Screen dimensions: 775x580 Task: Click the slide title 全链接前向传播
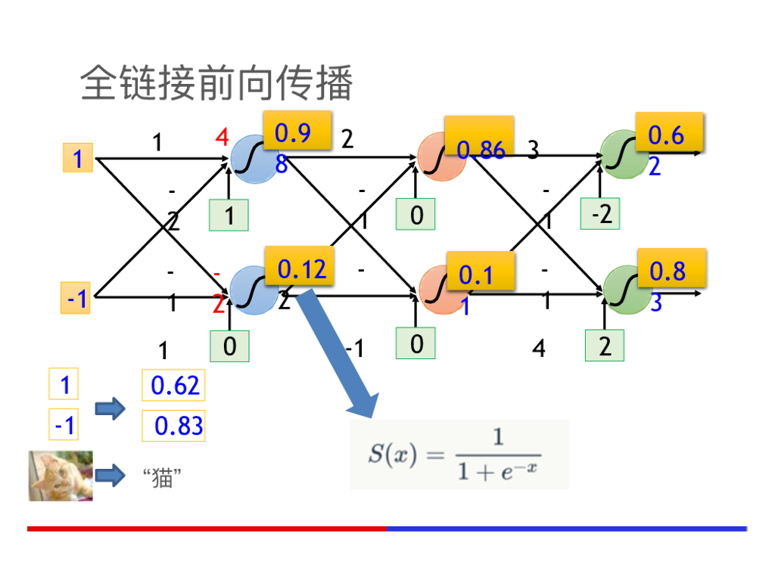(x=216, y=83)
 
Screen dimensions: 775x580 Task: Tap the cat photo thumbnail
(x=61, y=476)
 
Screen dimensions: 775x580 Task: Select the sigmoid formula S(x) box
(x=459, y=454)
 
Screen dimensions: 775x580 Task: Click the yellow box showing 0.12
(x=301, y=268)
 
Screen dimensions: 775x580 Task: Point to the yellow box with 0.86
(x=479, y=136)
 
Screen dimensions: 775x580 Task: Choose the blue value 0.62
(x=174, y=386)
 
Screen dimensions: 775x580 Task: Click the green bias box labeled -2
(x=601, y=215)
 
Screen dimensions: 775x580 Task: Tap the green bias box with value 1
(x=229, y=216)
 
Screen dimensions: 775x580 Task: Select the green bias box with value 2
(x=605, y=347)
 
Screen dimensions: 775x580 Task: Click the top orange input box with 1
(x=77, y=160)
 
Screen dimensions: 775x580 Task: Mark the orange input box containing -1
(x=77, y=299)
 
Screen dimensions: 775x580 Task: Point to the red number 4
(x=222, y=138)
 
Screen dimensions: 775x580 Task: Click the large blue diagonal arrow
(x=337, y=352)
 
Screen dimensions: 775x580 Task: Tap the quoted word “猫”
(x=162, y=478)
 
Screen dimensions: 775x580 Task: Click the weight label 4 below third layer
(x=539, y=349)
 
